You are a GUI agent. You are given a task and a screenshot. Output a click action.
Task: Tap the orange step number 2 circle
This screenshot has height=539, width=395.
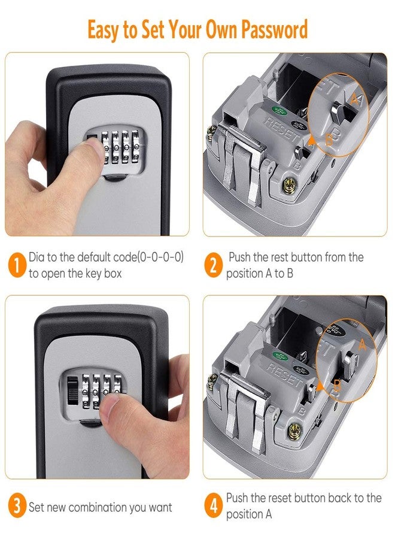click(x=212, y=264)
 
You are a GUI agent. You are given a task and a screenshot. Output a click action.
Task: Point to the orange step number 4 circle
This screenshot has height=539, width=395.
click(x=212, y=507)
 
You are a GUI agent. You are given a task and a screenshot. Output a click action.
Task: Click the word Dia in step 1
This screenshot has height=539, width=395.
click(x=37, y=257)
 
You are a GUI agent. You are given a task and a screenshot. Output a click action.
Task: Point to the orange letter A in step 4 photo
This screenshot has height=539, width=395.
click(x=362, y=344)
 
